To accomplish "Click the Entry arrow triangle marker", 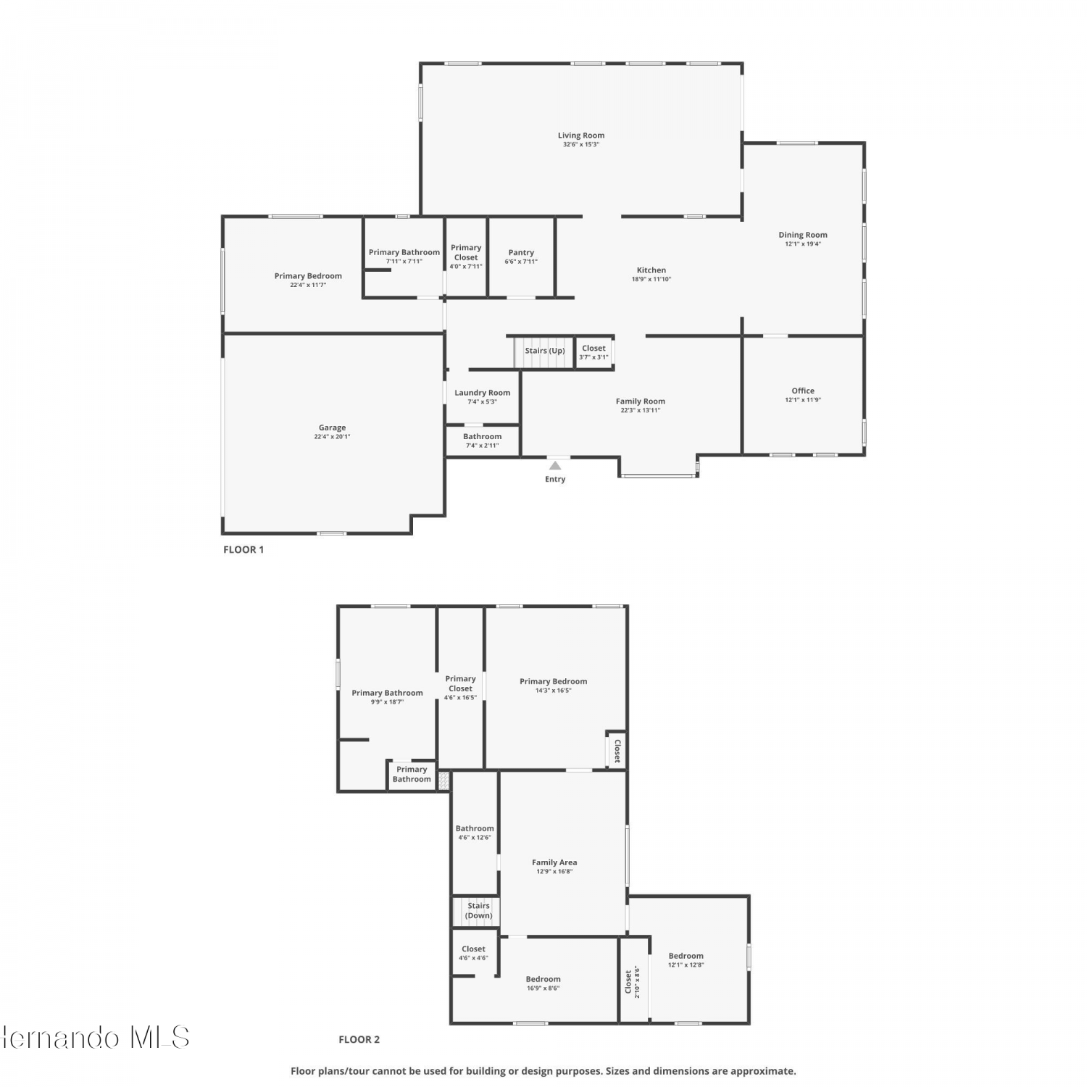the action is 555,465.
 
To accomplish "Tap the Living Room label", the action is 581,136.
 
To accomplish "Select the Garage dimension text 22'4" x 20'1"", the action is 332,437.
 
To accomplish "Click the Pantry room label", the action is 521,253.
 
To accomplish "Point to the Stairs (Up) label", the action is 545,351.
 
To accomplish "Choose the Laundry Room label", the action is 483,393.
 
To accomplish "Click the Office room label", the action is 803,391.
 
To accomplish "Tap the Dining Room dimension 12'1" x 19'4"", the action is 803,244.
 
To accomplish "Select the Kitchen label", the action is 651,270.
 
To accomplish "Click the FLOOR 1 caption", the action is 243,549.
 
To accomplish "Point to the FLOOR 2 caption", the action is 359,1039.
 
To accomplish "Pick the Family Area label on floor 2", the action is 554,862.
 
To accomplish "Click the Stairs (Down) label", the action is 478,911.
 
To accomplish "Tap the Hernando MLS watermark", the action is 95,1037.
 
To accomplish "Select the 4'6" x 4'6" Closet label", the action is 473,953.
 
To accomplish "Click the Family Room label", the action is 641,401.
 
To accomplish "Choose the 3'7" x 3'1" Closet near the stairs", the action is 594,352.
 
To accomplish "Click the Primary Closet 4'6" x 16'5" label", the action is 460,688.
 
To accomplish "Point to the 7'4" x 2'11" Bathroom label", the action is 482,441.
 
